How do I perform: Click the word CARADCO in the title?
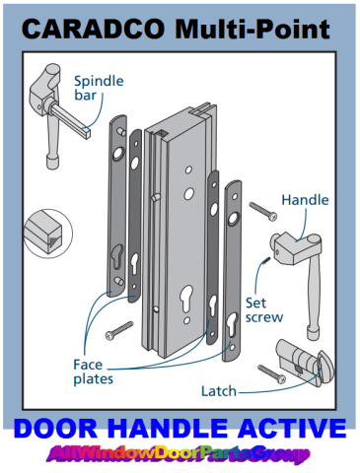coord(93,29)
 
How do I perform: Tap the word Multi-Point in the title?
coord(252,31)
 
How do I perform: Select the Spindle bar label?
coord(99,88)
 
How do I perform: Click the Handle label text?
coord(305,200)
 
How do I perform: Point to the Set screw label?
coord(264,310)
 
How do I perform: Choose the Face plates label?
coord(93,372)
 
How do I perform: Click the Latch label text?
coord(219,391)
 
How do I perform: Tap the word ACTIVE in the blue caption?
coord(292,429)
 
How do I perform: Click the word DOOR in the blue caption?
coord(55,429)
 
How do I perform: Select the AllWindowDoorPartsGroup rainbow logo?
coord(178,454)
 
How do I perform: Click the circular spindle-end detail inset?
coord(48,234)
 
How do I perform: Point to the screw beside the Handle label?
coord(263,212)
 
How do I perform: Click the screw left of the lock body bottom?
coord(119,331)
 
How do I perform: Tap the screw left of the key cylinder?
coord(272,374)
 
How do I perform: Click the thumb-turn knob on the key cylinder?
coord(325,367)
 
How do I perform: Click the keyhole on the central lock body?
coord(186,298)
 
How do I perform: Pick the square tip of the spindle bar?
coord(86,133)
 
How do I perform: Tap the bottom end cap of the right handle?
coord(314,333)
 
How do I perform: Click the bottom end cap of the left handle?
coord(53,163)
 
